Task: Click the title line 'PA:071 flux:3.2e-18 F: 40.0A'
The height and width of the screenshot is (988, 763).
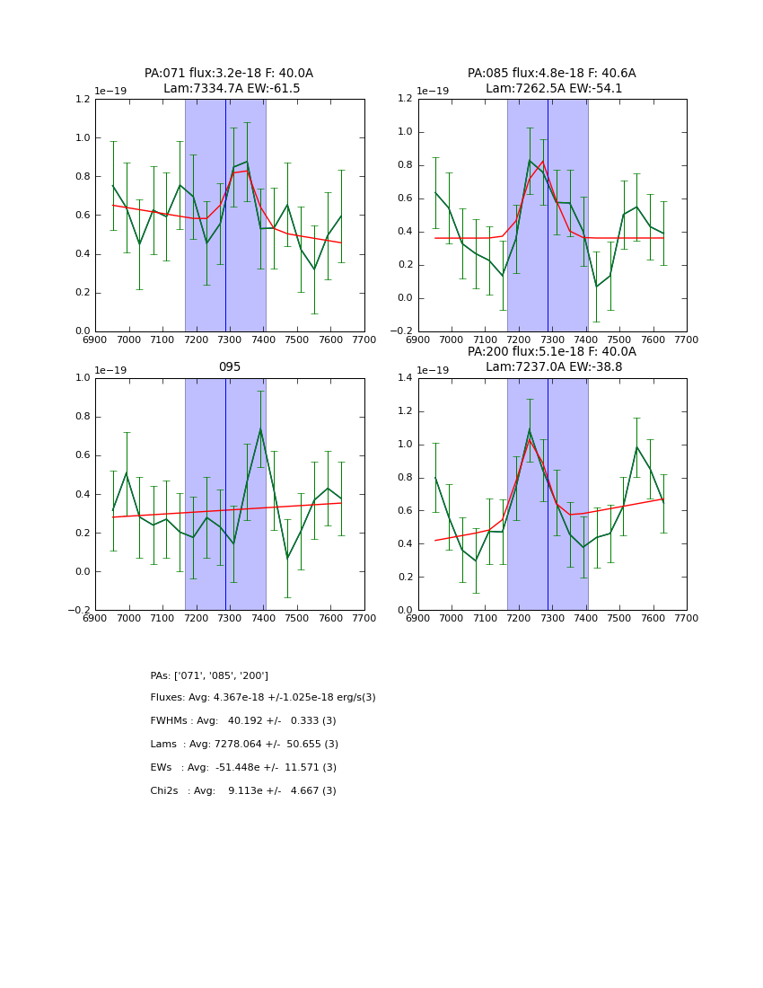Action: [x=229, y=74]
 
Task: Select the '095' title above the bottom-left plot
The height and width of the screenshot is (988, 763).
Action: [x=230, y=367]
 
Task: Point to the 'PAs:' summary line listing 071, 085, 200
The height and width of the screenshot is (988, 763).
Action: [x=209, y=675]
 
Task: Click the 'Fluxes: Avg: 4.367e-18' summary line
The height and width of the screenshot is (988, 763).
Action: [x=263, y=698]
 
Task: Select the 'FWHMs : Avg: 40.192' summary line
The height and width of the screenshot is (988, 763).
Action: [x=243, y=721]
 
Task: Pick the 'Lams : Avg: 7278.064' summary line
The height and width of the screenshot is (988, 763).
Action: [x=244, y=745]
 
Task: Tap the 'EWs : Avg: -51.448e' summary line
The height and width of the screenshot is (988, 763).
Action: [x=243, y=768]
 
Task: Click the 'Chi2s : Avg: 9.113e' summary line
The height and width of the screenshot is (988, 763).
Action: [x=243, y=791]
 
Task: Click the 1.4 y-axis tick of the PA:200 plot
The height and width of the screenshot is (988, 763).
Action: [x=403, y=378]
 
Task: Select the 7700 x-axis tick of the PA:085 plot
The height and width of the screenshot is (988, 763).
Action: [x=687, y=340]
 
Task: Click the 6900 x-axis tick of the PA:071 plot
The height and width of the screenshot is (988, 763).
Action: [x=95, y=340]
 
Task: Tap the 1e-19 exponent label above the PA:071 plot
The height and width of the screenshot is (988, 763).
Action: [x=112, y=92]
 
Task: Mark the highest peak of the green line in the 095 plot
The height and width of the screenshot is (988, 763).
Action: [x=260, y=429]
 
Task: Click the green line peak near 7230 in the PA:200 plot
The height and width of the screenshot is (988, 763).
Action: [x=530, y=430]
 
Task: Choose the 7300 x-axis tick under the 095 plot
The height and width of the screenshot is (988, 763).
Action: [x=230, y=618]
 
